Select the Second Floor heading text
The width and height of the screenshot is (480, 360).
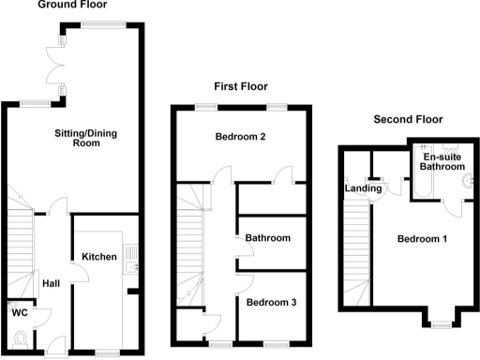pos(408,119)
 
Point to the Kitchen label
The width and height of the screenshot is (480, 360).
pos(98,257)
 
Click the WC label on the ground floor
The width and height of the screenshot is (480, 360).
pos(18,314)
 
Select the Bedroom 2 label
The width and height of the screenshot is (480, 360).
pos(241,138)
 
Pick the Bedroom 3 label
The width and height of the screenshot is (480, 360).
pos(271,302)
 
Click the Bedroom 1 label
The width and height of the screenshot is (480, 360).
pos(423,239)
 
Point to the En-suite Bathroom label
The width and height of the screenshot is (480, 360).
pos(442,161)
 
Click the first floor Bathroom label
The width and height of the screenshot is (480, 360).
pos(268,238)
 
